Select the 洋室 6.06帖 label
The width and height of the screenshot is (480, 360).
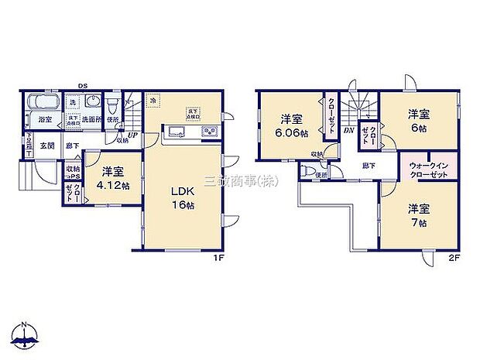click(291, 125)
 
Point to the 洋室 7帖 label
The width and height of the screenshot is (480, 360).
click(419, 213)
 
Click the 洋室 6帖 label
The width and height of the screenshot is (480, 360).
click(419, 122)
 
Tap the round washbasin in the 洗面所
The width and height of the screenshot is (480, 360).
click(92, 102)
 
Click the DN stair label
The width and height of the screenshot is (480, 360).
click(348, 130)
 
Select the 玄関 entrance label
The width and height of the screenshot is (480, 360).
click(46, 145)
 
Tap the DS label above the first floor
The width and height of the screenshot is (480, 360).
click(81, 87)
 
